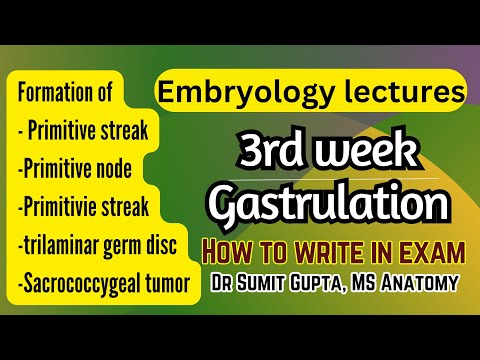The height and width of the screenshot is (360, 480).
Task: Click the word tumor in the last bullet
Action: point(163,283)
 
